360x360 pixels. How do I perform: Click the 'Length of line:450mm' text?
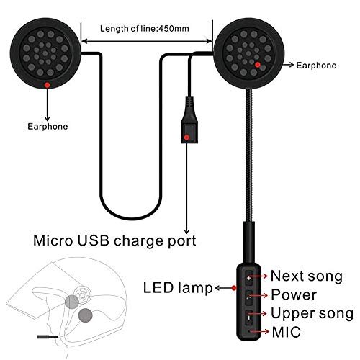pos(145,29)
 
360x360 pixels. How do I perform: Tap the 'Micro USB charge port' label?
pos(114,241)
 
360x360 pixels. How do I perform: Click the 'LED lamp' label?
pos(178,288)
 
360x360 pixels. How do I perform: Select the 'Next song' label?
pos(307,276)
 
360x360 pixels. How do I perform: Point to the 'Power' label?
pos(294,294)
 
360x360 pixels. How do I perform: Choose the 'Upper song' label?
pos(312,314)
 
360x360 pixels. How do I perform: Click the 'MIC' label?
pos(286,332)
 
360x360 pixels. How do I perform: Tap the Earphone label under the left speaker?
pos(48,127)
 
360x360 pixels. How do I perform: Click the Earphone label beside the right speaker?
pos(316,66)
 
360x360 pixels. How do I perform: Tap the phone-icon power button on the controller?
pos(249,297)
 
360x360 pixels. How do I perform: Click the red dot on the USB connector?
pos(186,138)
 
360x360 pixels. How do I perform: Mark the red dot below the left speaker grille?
pos(47,85)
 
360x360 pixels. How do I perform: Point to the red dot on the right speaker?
pos(258,65)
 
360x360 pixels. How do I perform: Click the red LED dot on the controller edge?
pos(234,288)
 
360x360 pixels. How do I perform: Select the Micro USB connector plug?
pos(189,120)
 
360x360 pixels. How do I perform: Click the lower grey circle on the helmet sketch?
pos(86,315)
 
